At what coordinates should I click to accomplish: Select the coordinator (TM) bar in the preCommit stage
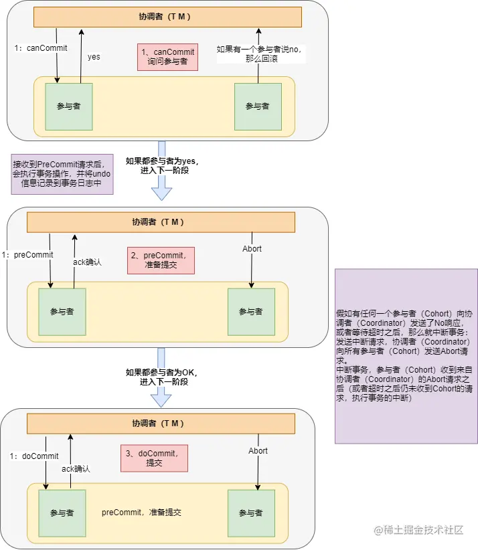161,222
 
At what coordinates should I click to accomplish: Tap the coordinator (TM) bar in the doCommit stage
161,424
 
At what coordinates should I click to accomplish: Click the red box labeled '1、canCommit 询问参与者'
167,57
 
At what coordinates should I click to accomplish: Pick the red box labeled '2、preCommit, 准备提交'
161,260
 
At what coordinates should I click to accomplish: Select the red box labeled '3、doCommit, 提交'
154,458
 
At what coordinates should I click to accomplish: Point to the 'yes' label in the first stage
94,57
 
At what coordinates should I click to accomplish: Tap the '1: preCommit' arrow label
27,255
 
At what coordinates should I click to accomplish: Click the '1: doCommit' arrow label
34,456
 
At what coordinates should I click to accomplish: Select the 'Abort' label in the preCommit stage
252,249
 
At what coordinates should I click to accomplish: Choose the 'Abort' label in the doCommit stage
258,451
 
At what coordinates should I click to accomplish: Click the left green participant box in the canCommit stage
69,106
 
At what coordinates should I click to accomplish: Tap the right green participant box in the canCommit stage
258,106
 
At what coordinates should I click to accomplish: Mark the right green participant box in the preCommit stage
251,312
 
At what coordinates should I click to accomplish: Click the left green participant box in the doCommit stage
62,513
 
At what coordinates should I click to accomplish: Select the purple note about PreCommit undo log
62,175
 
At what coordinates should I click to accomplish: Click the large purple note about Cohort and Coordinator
406,356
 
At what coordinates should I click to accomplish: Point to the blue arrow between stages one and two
161,171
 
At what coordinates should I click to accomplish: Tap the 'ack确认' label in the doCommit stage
76,469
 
